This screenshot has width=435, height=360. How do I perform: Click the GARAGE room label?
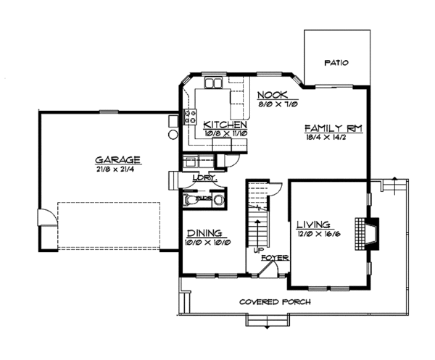pyautogui.click(x=117, y=159)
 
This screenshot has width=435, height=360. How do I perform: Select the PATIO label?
pyautogui.click(x=335, y=63)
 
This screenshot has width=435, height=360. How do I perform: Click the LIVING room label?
pyautogui.click(x=313, y=224)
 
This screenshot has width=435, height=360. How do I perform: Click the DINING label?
pyautogui.click(x=204, y=233)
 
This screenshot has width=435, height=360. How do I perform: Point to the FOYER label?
pyautogui.click(x=273, y=257)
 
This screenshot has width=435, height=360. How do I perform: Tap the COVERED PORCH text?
pyautogui.click(x=276, y=301)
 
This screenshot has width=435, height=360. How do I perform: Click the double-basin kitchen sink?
pyautogui.click(x=212, y=84)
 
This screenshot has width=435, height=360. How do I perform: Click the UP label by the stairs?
pyautogui.click(x=257, y=249)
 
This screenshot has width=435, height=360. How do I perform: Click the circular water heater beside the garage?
pyautogui.click(x=173, y=135)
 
